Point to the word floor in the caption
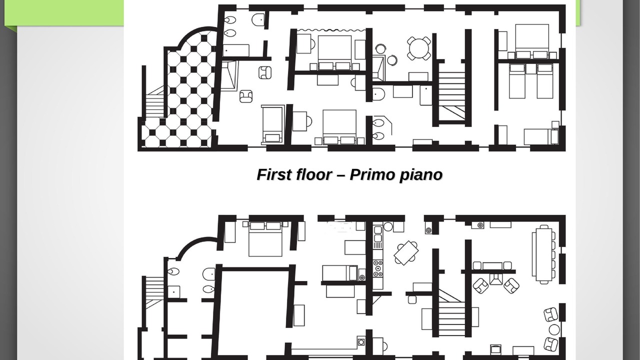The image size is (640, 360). coord(314,174)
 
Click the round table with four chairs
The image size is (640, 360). coord(419,48)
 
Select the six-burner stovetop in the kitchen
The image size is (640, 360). coord(378,268)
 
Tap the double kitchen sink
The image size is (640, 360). coord(377,234)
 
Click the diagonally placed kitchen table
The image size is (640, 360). coord(406,253)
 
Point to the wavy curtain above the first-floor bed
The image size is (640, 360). coord(331,29)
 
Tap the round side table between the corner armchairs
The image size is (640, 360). coord(554,329)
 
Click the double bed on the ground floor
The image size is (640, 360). coord(265,239)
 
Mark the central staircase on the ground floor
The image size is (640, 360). coord(451,313)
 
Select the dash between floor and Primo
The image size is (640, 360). coord(341,175)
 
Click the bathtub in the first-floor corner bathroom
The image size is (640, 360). coord(229,75)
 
